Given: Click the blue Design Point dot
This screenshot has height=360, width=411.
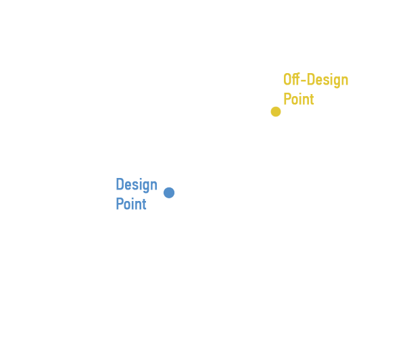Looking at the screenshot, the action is click(169, 193).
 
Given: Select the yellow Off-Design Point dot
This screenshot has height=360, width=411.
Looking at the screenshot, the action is click(276, 112).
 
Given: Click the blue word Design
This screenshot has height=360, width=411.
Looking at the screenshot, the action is click(137, 185).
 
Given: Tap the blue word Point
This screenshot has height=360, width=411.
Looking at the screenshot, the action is click(131, 204).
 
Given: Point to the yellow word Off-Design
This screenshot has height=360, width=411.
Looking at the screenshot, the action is click(316, 80).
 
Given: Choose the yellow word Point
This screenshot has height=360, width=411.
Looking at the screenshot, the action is click(299, 99).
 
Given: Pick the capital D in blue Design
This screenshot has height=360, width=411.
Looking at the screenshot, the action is click(120, 184).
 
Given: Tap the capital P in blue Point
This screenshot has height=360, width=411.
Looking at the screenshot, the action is click(120, 204).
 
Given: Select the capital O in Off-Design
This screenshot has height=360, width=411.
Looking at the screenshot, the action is click(287, 79).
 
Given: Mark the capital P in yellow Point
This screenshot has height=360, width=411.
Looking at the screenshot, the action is click(287, 99).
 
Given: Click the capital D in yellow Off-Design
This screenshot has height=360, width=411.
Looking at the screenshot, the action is click(311, 79).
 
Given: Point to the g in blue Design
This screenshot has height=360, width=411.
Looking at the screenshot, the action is click(145, 187).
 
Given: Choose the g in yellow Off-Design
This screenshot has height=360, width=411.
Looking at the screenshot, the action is click(336, 82).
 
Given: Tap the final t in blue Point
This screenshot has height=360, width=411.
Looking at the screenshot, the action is click(144, 204).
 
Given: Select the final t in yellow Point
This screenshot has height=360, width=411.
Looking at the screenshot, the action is click(312, 99).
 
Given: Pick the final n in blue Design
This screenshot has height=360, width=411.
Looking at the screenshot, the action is click(154, 185).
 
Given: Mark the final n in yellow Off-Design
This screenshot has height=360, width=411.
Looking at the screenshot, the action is click(345, 81).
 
